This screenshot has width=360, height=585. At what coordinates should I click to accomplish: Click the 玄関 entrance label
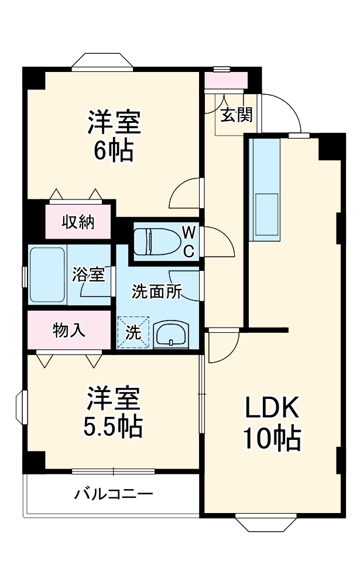[x=236, y=115]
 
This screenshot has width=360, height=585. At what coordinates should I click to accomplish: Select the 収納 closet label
[x=78, y=222]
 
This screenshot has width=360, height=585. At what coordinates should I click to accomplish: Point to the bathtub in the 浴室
[x=47, y=275]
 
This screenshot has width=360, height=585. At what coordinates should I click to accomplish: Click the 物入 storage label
[x=69, y=331]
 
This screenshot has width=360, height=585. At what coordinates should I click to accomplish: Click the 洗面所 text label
[x=156, y=291]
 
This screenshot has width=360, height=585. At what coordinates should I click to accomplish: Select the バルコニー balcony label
[x=114, y=494]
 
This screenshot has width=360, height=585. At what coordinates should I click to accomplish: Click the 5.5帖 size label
[x=114, y=427]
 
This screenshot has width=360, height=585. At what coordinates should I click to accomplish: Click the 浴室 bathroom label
[x=89, y=274]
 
